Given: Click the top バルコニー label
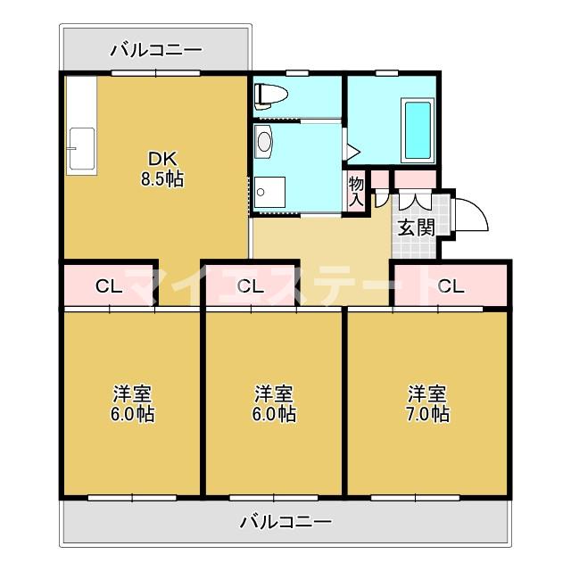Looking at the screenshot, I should [156, 50].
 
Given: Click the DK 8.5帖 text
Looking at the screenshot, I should [161, 170].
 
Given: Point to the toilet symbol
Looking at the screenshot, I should [270, 94].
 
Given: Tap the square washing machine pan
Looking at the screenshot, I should [267, 192].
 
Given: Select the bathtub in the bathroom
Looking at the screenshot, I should [418, 130].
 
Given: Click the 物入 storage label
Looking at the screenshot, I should [356, 190].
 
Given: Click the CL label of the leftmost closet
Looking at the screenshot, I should [109, 286].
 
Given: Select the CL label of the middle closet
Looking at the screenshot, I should [251, 286].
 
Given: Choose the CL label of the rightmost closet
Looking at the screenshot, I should [451, 286].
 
